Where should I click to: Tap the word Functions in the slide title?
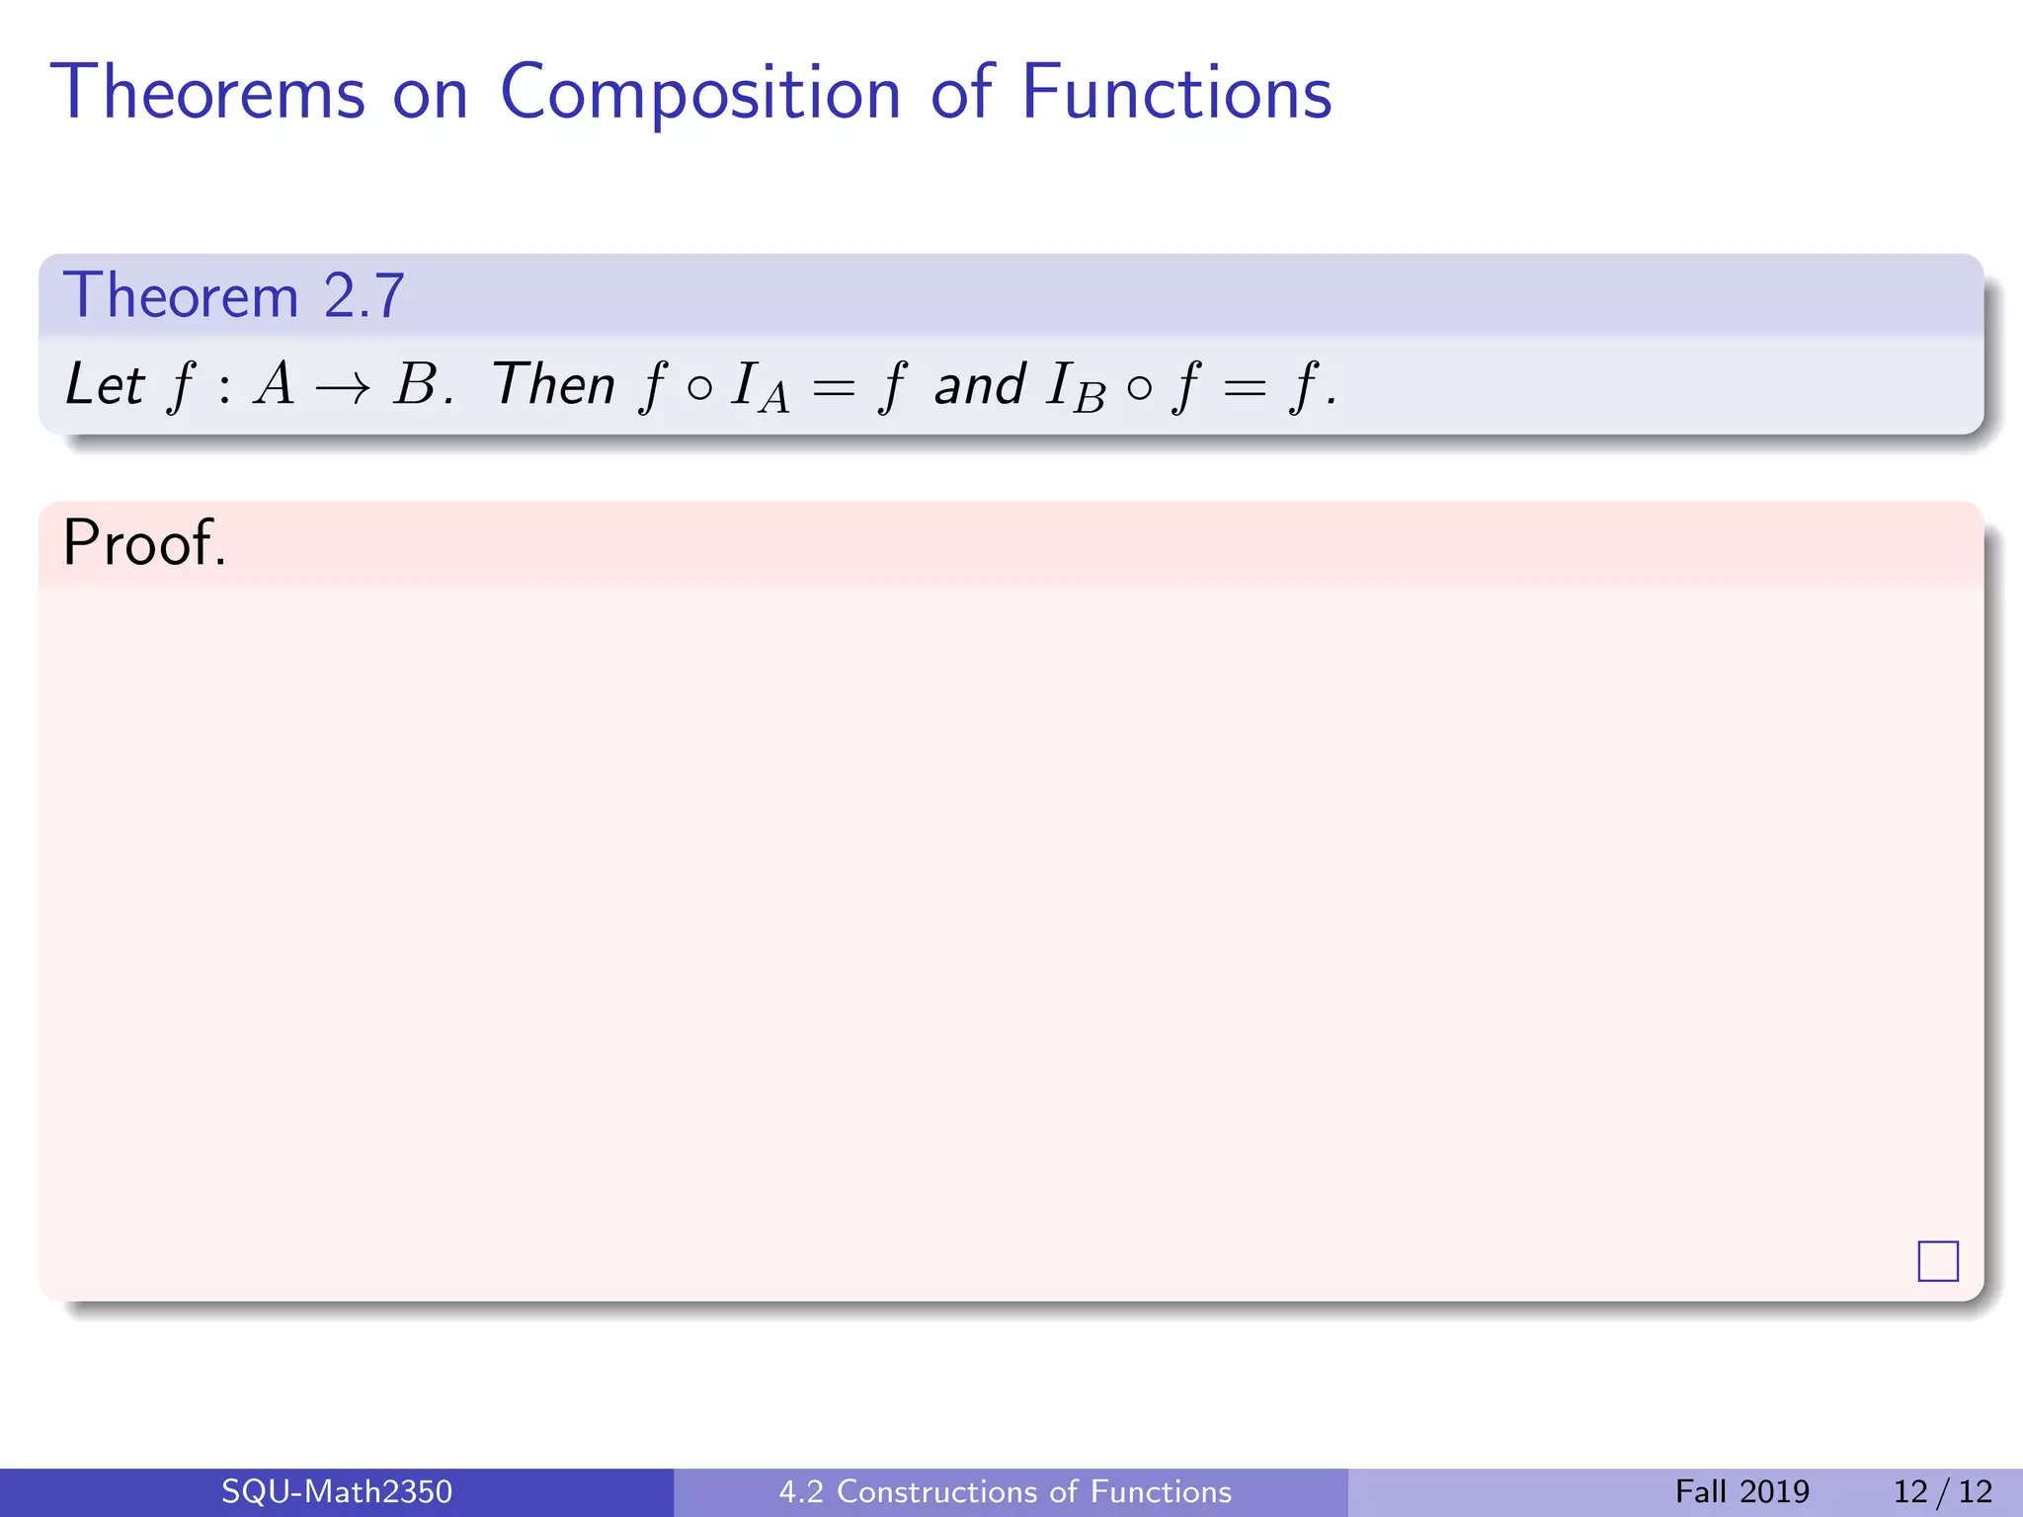click(1175, 94)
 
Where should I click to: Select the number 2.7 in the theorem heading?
click(364, 296)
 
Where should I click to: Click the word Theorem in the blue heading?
click(181, 296)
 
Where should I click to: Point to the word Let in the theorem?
click(105, 385)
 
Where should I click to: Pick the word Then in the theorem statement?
click(553, 385)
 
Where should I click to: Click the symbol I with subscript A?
click(759, 387)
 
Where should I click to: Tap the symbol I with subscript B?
click(1075, 387)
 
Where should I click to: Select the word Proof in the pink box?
click(144, 543)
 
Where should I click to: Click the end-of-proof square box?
click(1937, 1261)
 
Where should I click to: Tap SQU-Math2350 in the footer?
click(336, 1491)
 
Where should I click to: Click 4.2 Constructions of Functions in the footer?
click(1006, 1491)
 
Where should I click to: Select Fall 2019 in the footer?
click(1741, 1491)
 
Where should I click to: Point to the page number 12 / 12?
click(1942, 1491)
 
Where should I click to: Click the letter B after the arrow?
click(416, 385)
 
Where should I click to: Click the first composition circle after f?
click(698, 388)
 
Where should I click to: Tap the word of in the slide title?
click(958, 94)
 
